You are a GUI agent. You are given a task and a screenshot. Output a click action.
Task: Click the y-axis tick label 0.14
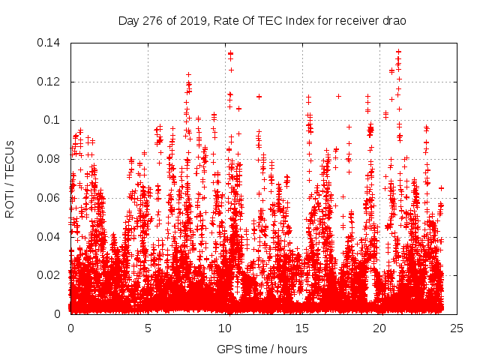[x=51, y=43]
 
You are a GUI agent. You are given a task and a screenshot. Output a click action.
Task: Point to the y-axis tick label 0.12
[x=51, y=82]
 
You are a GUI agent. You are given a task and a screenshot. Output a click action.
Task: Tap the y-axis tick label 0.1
[x=54, y=120]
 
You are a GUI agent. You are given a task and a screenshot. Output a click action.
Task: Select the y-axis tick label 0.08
[x=51, y=159]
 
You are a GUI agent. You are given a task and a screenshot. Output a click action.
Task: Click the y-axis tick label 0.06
[x=51, y=198]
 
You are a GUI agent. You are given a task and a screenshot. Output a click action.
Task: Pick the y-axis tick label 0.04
[x=51, y=237]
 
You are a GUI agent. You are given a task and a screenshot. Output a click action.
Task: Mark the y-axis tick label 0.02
[x=51, y=275]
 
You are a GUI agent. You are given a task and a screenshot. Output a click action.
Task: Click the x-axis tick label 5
[x=148, y=328]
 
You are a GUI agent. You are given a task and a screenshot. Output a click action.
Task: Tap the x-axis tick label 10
[x=225, y=328]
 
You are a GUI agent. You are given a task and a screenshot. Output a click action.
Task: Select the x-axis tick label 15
[x=303, y=328]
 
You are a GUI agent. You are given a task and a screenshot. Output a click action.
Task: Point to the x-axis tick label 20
[x=380, y=328]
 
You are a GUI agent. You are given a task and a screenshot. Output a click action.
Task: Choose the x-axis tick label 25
[x=457, y=328]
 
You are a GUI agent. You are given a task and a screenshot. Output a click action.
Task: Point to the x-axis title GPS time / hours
[x=262, y=349]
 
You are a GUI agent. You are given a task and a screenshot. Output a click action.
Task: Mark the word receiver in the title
[x=355, y=21]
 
